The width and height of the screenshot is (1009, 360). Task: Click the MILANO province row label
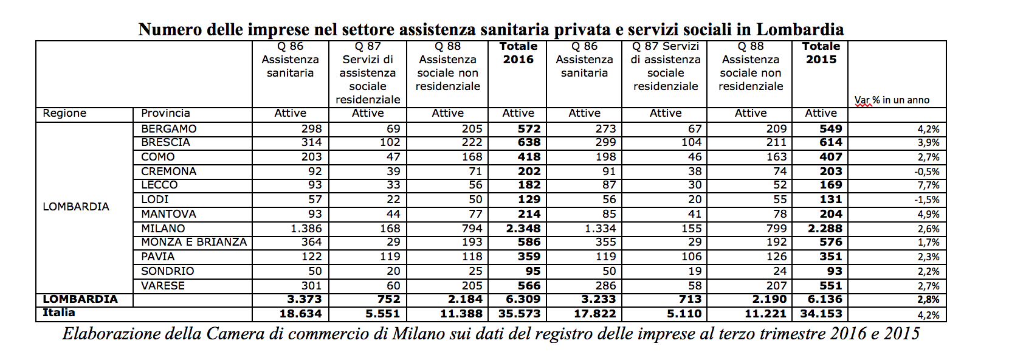click(x=163, y=229)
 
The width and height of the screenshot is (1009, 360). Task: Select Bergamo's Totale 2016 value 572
click(x=529, y=129)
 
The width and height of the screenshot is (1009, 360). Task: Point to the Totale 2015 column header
click(x=821, y=53)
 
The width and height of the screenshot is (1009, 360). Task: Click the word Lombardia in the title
click(x=800, y=29)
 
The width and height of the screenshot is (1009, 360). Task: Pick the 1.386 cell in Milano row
click(x=306, y=229)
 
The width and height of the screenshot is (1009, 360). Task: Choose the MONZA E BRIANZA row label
click(x=194, y=242)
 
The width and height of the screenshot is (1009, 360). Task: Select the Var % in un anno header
click(x=892, y=100)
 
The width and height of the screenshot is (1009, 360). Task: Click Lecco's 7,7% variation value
click(x=929, y=185)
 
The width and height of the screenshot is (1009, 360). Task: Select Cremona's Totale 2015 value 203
click(x=831, y=171)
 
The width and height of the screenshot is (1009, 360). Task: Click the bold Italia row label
click(x=59, y=313)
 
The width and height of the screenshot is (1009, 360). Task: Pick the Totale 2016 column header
click(x=518, y=53)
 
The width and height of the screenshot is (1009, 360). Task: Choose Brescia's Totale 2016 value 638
click(x=529, y=142)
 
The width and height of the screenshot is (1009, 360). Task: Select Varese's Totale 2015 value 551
click(x=831, y=286)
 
